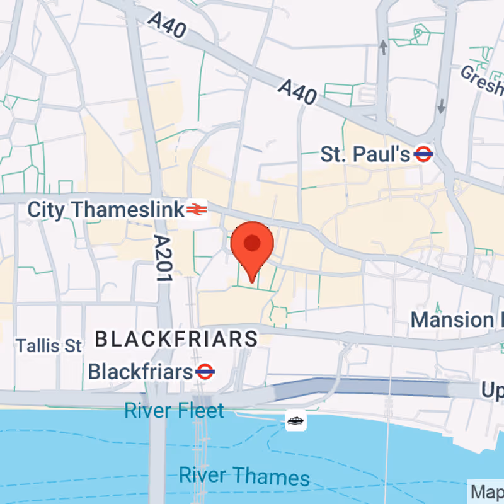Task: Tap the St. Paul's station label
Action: tap(366, 154)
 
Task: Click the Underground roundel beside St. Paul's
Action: tap(423, 154)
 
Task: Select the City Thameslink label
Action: tap(105, 209)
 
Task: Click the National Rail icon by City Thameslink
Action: tap(196, 209)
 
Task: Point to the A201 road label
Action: tap(163, 259)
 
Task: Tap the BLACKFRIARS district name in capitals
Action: tap(176, 340)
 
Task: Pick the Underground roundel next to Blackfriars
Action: tap(205, 372)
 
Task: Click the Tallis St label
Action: tap(49, 346)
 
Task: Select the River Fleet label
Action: tap(174, 411)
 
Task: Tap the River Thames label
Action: tap(244, 476)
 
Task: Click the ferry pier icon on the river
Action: tap(295, 420)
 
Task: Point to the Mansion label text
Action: tap(452, 319)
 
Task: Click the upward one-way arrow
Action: tap(382, 47)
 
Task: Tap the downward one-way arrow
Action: tap(441, 105)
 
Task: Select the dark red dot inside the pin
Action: tap(252, 243)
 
